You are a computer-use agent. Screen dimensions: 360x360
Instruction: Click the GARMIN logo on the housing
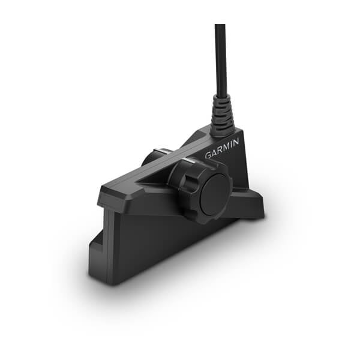pyautogui.click(x=223, y=148)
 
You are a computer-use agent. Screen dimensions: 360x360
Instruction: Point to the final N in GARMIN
pyautogui.click(x=236, y=142)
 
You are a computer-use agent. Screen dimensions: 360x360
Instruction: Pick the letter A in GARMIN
pyautogui.click(x=214, y=152)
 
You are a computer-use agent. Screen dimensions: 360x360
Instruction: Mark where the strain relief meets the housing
pyautogui.click(x=224, y=128)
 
